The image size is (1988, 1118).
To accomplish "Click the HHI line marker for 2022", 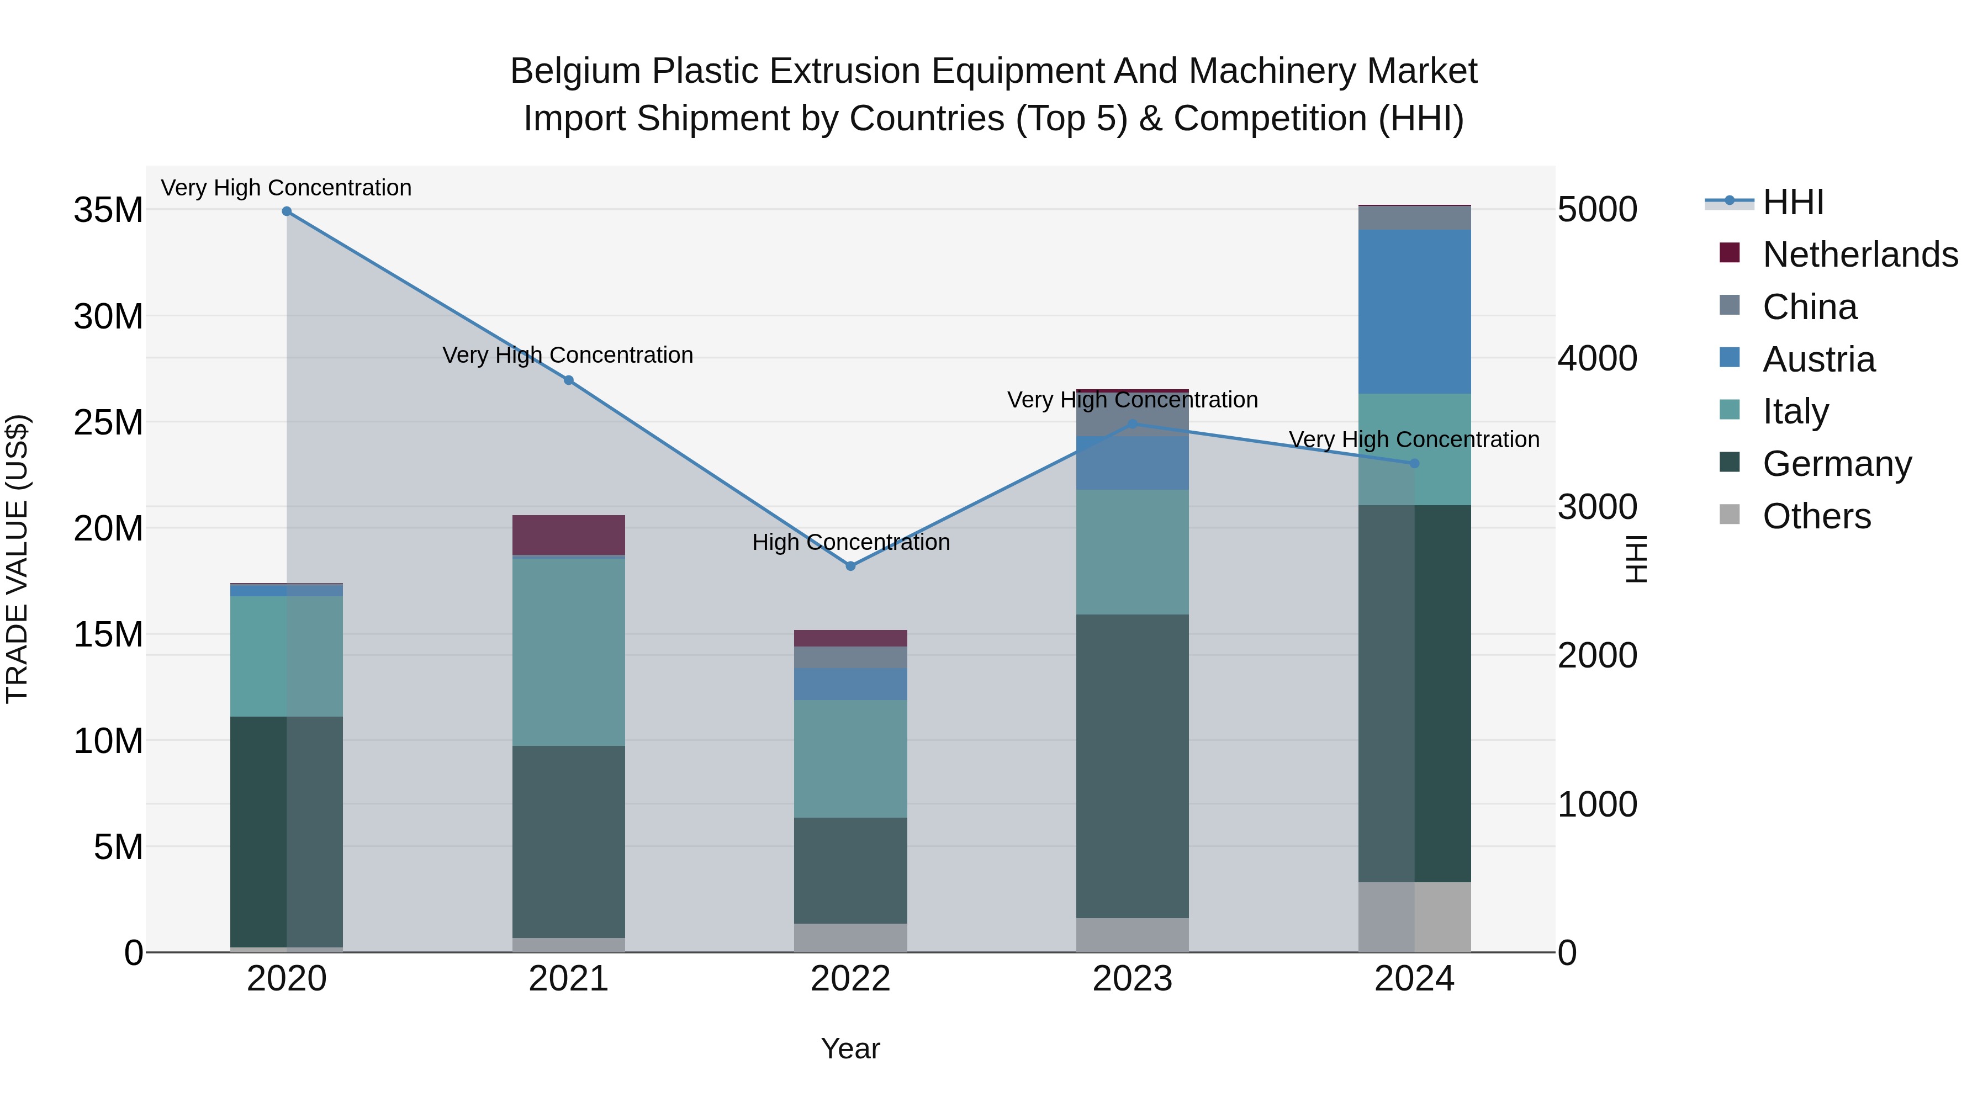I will pyautogui.click(x=850, y=565).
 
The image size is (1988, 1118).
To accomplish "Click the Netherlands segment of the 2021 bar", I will pyautogui.click(x=569, y=534).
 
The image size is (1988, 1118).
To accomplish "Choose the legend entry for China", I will pyautogui.click(x=1809, y=307).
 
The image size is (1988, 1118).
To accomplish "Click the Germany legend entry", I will pyautogui.click(x=1837, y=464).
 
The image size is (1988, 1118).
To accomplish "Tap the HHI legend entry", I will pyautogui.click(x=1793, y=202).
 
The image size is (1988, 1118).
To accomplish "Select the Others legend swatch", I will pyautogui.click(x=1730, y=515).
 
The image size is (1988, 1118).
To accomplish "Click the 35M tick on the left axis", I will pyautogui.click(x=108, y=210).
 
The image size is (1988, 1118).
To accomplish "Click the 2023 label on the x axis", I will pyautogui.click(x=1132, y=979).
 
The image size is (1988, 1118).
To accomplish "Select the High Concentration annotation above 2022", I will pyautogui.click(x=850, y=542).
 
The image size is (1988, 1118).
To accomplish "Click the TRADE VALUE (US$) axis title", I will pyautogui.click(x=17, y=559).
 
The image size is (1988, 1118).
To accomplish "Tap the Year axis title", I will pyautogui.click(x=850, y=1048).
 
